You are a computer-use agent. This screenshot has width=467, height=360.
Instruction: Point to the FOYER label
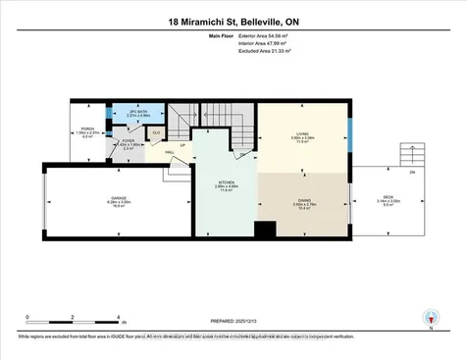pyautogui.click(x=128, y=140)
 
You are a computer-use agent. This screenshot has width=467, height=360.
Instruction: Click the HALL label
pyautogui.click(x=169, y=152)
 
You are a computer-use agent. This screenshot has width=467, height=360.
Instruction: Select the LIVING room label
pyautogui.click(x=303, y=134)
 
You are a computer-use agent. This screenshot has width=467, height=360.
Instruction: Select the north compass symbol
pyautogui.click(x=429, y=317)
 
